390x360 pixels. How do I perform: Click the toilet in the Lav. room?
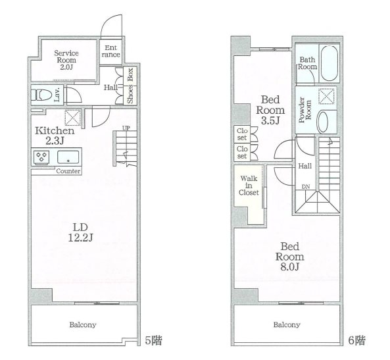[x=41, y=95]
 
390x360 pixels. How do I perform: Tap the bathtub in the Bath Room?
[x=329, y=63]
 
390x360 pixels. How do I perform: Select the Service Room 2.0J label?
[x=66, y=60]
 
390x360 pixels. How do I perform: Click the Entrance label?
[x=111, y=51]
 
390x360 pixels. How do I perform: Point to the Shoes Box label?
[x=130, y=86]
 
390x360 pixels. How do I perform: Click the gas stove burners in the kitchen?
[x=41, y=157]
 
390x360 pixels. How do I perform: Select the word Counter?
[x=68, y=171]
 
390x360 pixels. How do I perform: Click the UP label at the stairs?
[x=126, y=128]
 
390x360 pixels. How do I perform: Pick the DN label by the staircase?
[x=306, y=187]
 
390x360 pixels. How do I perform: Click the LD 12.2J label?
[x=81, y=232]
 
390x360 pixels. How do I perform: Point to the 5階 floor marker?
[x=153, y=340]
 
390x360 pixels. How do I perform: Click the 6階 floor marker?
[x=356, y=340]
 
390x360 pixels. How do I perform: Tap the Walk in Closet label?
[x=249, y=186]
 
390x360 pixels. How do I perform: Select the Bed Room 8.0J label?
[x=290, y=257]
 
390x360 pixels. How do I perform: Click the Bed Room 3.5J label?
[x=270, y=110]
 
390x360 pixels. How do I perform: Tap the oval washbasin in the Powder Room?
[x=323, y=122]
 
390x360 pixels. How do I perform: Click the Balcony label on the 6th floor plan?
[x=287, y=324]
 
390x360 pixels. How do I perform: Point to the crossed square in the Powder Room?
[x=326, y=96]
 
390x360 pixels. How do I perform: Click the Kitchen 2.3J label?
[x=55, y=136]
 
